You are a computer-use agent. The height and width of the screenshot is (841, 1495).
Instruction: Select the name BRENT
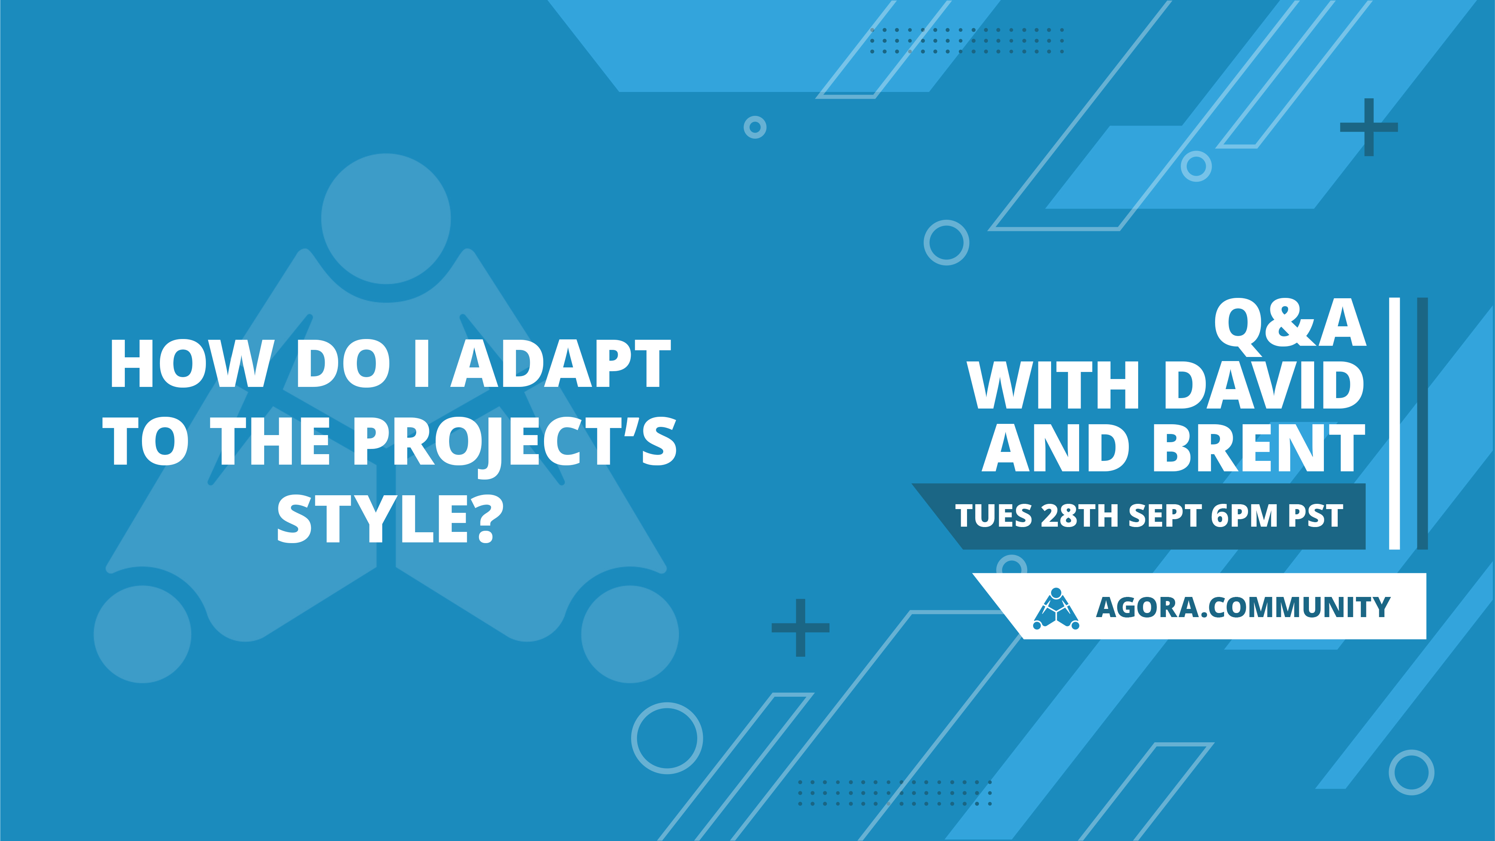(x=1258, y=447)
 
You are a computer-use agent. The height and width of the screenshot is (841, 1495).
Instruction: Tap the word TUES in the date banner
(x=994, y=515)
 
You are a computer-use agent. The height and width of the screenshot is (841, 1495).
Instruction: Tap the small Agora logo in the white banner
(x=1056, y=609)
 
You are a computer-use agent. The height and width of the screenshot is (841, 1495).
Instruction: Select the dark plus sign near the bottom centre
(x=800, y=628)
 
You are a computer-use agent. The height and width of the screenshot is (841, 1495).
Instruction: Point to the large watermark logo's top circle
(x=386, y=218)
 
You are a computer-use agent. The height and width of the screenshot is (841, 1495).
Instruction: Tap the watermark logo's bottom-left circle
(x=142, y=634)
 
